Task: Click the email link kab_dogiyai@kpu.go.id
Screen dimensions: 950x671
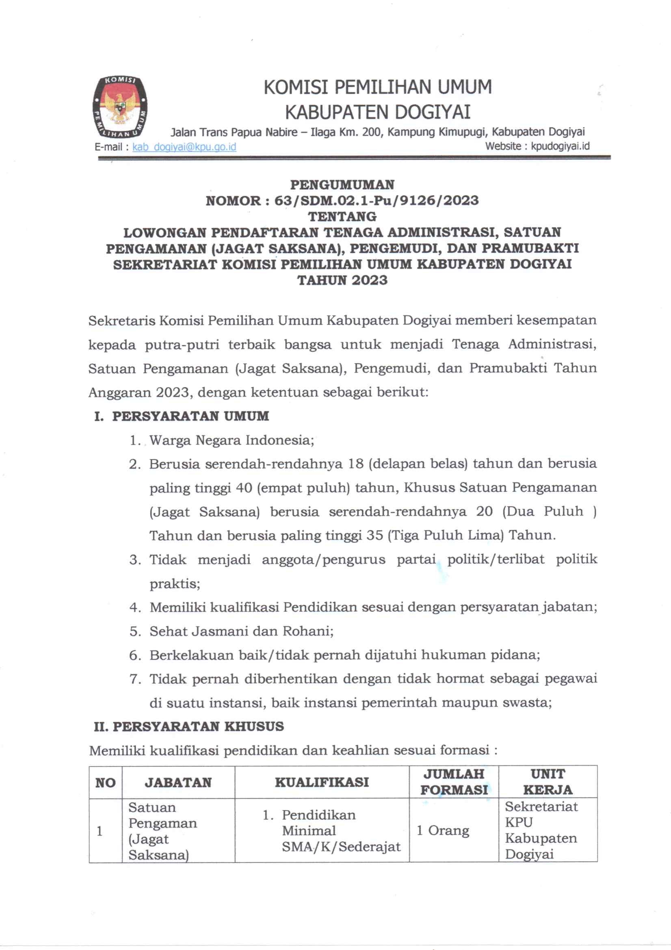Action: point(184,147)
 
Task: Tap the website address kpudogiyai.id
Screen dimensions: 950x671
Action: point(560,146)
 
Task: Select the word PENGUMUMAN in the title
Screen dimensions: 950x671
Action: point(342,184)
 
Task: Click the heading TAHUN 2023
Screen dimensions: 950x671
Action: point(342,280)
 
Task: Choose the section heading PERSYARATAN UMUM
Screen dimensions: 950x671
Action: point(190,416)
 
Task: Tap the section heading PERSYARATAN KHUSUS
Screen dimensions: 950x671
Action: point(198,726)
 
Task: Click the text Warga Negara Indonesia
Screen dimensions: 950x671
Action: point(231,440)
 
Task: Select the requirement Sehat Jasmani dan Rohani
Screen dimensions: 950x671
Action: point(241,631)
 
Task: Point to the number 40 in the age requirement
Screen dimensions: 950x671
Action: point(244,488)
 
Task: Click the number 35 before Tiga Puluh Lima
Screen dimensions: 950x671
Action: point(374,536)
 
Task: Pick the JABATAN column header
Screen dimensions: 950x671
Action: point(178,783)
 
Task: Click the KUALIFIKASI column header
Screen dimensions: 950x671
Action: point(322,782)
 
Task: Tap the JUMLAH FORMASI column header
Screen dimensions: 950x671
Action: point(454,782)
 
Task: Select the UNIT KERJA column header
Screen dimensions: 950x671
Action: point(547,782)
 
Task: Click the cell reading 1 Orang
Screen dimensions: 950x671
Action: point(443,831)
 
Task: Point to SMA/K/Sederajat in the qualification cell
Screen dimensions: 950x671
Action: point(341,846)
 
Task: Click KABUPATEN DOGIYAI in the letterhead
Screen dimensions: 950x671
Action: point(378,112)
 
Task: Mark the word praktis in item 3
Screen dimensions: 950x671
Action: point(175,583)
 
